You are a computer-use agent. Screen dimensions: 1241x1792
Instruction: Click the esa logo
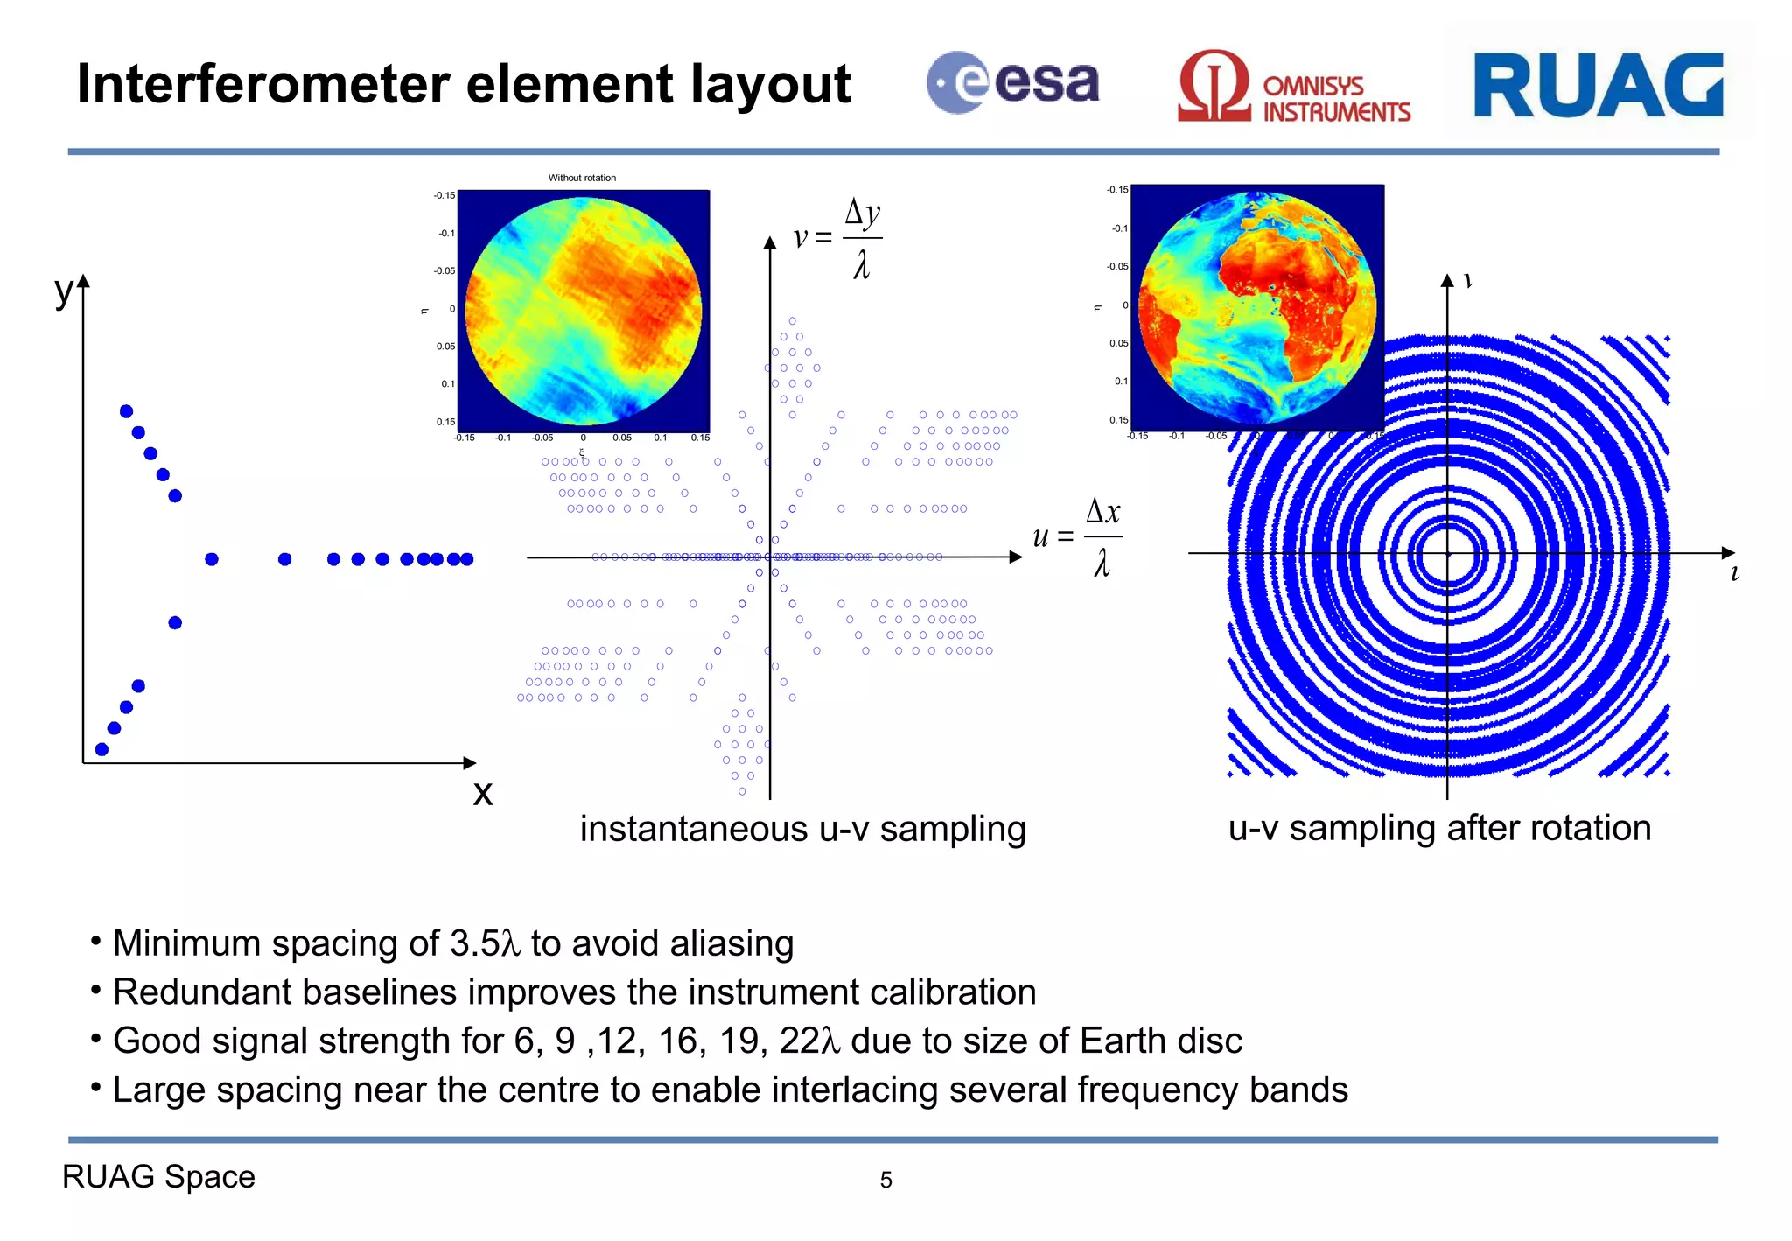point(1012,83)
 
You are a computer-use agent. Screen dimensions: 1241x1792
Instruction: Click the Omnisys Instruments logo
point(1293,88)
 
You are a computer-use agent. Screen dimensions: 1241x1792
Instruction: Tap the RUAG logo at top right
point(1598,85)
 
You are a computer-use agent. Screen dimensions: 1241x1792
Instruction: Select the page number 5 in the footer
point(885,1181)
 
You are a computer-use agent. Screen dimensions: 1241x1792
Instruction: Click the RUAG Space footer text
point(158,1177)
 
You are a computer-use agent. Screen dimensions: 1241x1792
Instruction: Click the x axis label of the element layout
point(482,793)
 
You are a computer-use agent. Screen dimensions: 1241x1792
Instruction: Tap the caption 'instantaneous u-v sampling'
point(802,829)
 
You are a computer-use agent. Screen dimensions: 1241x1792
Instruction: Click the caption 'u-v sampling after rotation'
point(1439,828)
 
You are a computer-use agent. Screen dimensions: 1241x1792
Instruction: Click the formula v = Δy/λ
point(838,237)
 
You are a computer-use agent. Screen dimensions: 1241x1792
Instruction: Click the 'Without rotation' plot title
point(582,178)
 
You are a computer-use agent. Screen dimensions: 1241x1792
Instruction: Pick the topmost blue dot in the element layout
point(126,411)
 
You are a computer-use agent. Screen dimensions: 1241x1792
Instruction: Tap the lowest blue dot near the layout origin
point(101,749)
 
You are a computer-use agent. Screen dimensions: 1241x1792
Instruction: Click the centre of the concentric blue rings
point(1447,554)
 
